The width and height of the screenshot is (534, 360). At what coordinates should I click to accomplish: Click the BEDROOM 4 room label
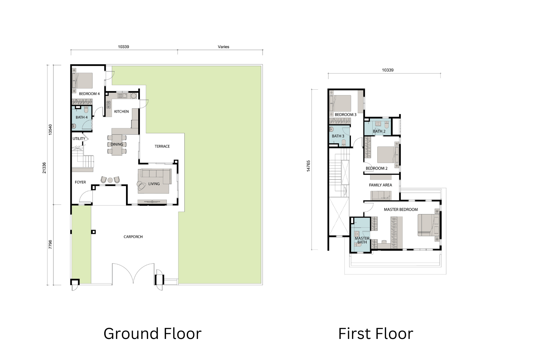pos(89,94)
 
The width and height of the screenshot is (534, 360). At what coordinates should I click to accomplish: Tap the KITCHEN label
pos(121,111)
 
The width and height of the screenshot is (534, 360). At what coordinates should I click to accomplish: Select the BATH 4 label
pos(82,117)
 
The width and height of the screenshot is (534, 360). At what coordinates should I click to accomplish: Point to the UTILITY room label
pos(79,139)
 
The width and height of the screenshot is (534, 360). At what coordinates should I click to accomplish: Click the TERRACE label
pos(162,146)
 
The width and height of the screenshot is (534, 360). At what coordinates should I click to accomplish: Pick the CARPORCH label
pos(133,237)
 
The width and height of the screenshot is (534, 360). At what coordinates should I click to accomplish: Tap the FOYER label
pos(81,182)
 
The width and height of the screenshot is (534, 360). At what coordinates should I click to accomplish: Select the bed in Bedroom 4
pos(83,80)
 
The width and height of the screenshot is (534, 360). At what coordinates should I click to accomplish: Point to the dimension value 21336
pos(44,168)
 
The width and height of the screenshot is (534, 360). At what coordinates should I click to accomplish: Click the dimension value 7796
pos(50,245)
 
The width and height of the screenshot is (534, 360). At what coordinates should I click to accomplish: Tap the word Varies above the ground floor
pos(224,47)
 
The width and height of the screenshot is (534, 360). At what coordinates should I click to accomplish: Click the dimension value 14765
pos(308,166)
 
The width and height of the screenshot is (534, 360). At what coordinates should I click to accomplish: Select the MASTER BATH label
pos(362,240)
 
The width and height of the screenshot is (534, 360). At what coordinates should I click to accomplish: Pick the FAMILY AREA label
pos(380,185)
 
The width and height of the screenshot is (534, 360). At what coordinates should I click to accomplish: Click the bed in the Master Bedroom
pos(429,225)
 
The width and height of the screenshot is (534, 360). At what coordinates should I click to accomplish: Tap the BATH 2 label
pos(379,131)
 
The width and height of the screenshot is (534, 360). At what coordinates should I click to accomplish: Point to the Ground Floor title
pos(153,334)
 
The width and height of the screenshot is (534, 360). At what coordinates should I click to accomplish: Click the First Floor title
pos(376,334)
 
